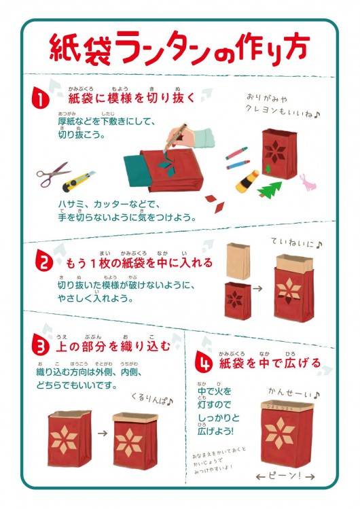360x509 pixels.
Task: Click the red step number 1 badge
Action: pyautogui.click(x=41, y=99)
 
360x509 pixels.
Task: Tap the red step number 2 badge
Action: pyautogui.click(x=44, y=262)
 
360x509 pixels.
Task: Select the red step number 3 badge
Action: pyautogui.click(x=41, y=347)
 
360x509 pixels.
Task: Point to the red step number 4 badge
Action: pyautogui.click(x=204, y=364)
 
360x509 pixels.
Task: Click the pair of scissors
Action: pyautogui.click(x=52, y=175)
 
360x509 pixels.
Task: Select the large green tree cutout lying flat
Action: pyautogui.click(x=270, y=190)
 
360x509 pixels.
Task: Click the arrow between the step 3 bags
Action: pyautogui.click(x=103, y=433)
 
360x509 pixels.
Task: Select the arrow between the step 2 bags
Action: pyautogui.click(x=258, y=288)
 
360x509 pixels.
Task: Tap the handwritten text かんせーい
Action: pyautogui.click(x=294, y=393)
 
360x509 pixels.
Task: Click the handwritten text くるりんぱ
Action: pyautogui.click(x=152, y=399)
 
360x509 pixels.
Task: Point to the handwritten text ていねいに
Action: pyautogui.click(x=295, y=243)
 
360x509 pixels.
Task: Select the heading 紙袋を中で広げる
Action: pyautogui.click(x=270, y=364)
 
